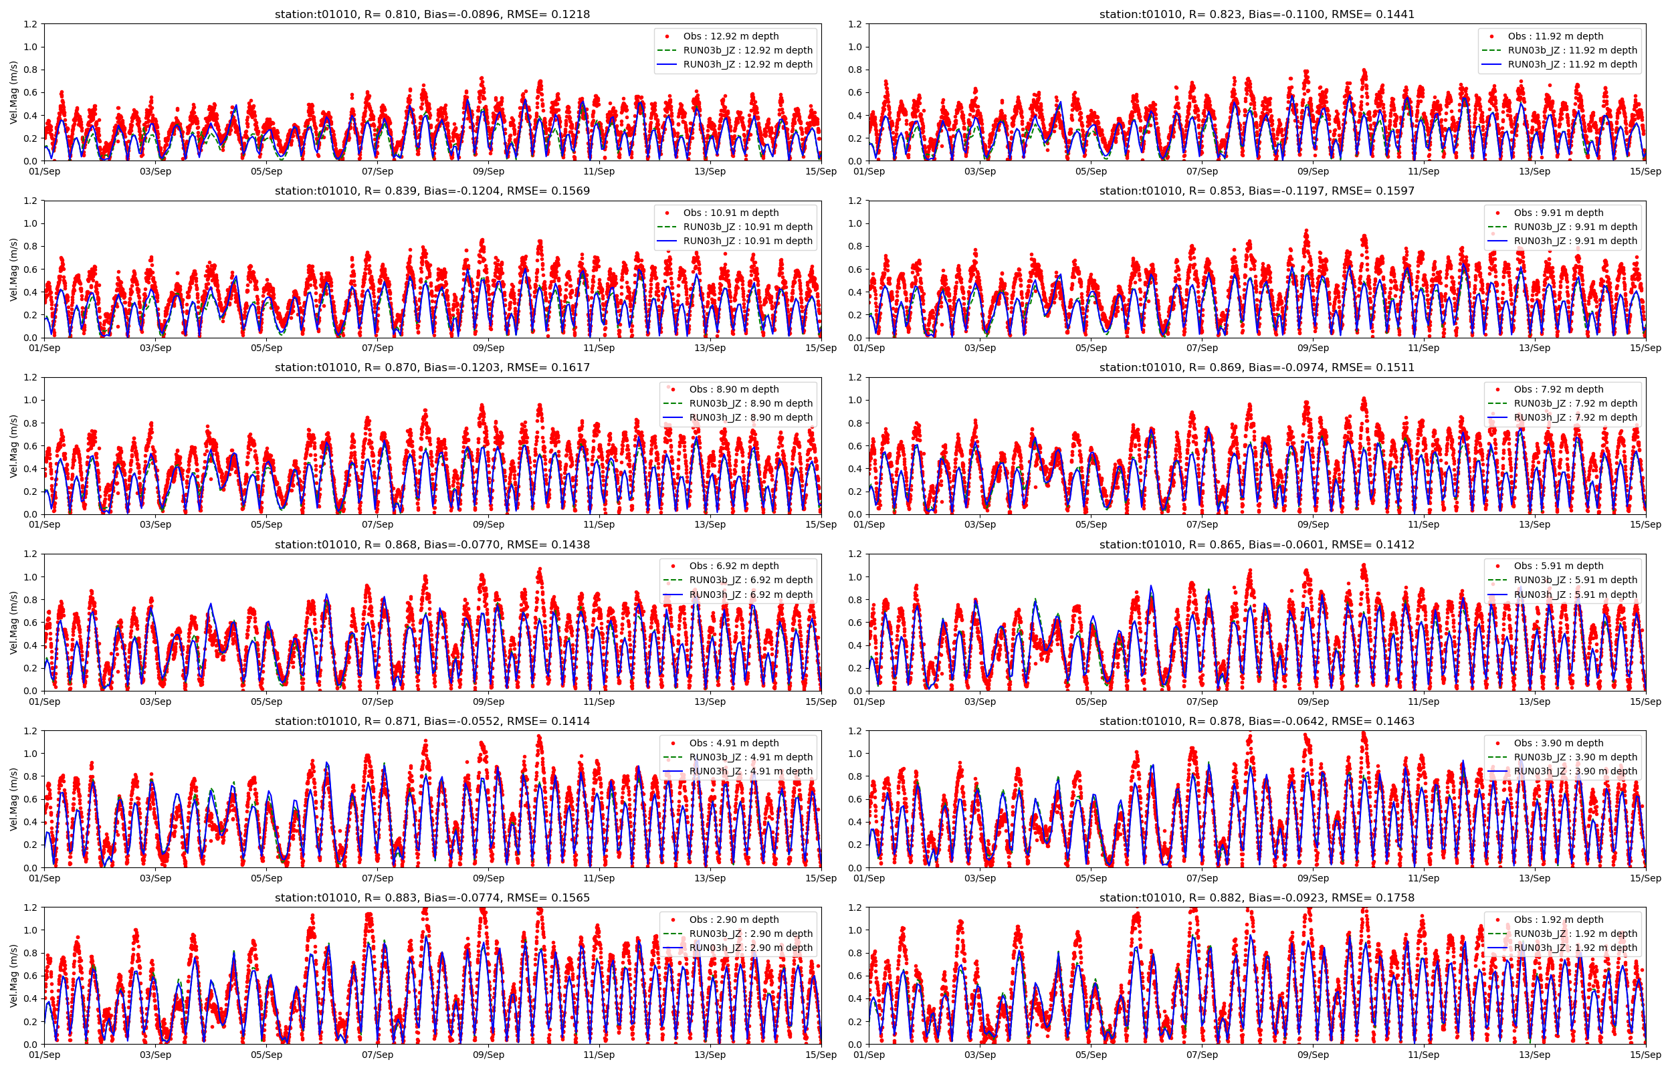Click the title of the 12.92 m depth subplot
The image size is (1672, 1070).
pyautogui.click(x=432, y=14)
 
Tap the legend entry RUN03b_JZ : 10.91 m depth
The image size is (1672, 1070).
pyautogui.click(x=748, y=227)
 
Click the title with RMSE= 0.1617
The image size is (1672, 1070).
pyautogui.click(x=432, y=368)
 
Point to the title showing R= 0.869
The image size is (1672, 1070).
pyautogui.click(x=1257, y=368)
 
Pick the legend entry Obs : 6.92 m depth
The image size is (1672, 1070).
pyautogui.click(x=734, y=566)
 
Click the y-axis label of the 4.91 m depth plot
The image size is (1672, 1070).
pyautogui.click(x=14, y=799)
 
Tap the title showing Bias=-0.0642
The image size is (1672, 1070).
pyautogui.click(x=1257, y=721)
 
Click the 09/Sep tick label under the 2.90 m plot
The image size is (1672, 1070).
pyautogui.click(x=488, y=1055)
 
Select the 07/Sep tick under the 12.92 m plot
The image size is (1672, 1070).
pyautogui.click(x=377, y=172)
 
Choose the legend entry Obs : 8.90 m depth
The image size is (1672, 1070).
pyautogui.click(x=734, y=390)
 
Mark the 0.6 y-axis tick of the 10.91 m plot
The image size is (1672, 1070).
pyautogui.click(x=30, y=270)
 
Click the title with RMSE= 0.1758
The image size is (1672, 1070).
pyautogui.click(x=1257, y=897)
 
